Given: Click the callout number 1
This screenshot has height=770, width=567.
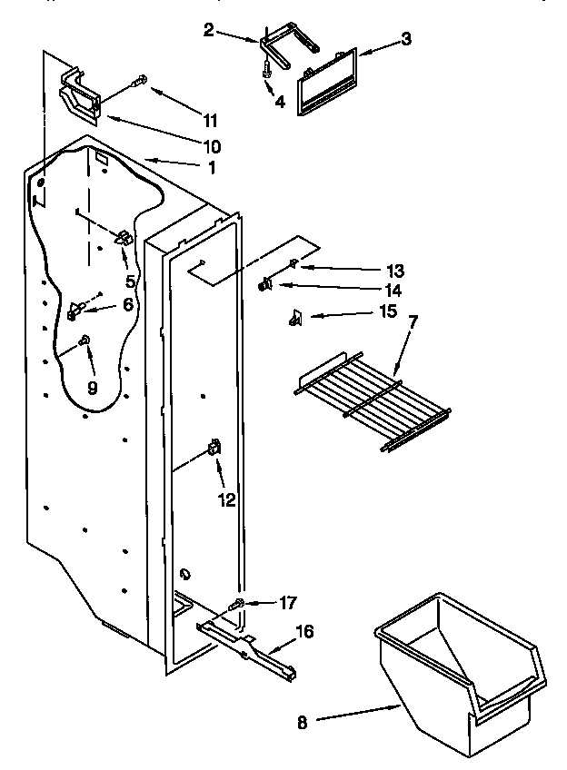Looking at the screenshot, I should [212, 166].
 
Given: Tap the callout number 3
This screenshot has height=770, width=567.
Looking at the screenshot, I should [407, 39].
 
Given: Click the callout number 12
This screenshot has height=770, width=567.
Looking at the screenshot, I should [226, 499].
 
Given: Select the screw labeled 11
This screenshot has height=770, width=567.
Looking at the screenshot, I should [140, 81].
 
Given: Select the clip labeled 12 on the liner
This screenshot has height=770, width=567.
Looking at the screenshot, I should [214, 447].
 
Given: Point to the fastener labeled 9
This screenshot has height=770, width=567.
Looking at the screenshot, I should [85, 341].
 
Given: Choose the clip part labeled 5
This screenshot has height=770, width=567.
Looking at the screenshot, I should [123, 238].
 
